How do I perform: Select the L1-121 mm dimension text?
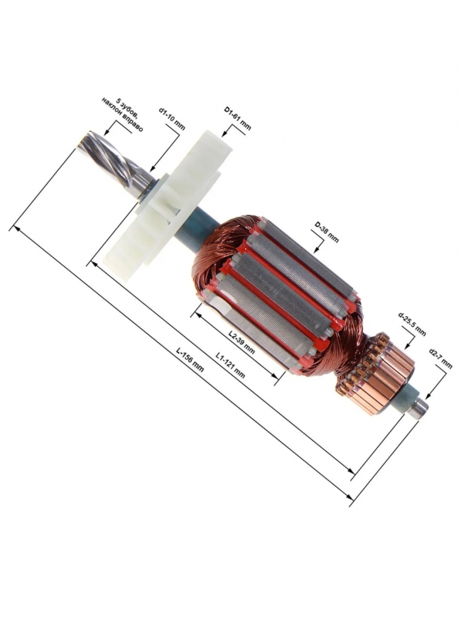point(230,365)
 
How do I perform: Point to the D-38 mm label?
point(325,232)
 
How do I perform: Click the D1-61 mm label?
point(237,118)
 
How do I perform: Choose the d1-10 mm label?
point(171,119)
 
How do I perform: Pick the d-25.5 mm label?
point(412,323)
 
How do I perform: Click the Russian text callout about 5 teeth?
point(123,113)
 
